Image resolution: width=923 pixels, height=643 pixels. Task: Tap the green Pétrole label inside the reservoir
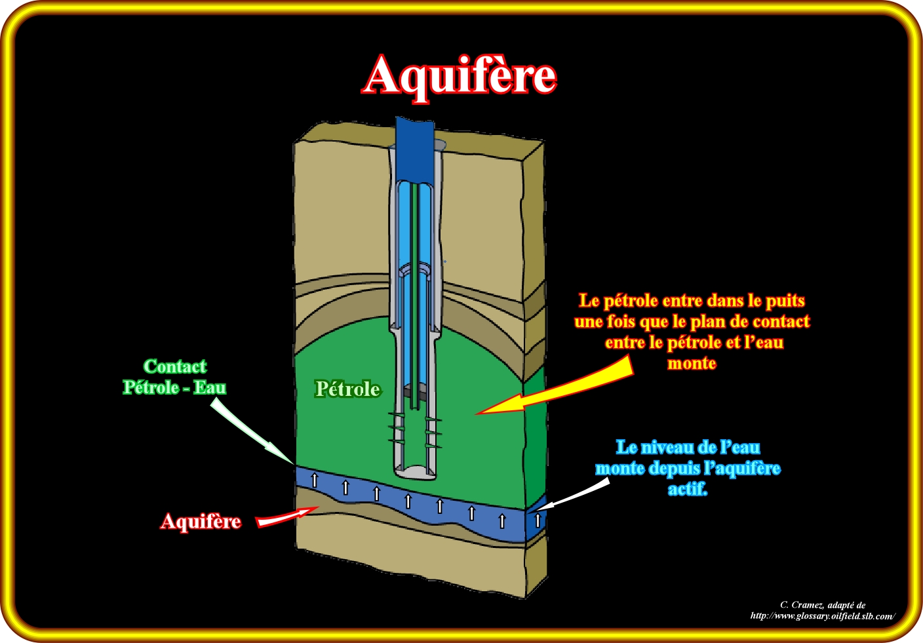coord(347,389)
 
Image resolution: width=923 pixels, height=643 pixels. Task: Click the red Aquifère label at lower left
coord(201,522)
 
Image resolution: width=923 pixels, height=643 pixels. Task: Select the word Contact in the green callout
coord(175,366)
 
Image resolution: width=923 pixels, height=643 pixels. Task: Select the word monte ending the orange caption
coord(692,363)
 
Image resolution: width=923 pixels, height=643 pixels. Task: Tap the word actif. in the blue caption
coord(688,489)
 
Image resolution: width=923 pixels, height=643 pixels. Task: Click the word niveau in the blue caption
coord(672,448)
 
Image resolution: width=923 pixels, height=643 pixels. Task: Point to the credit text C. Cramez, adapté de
coord(822,605)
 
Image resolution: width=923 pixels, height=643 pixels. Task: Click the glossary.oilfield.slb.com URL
coord(822,616)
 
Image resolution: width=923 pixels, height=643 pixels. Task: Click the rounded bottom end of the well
coord(414,471)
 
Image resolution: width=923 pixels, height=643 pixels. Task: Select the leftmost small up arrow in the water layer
coord(314,480)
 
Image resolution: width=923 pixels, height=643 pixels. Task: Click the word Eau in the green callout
coord(210,387)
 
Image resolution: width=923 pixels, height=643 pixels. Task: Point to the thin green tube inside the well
coord(414,295)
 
